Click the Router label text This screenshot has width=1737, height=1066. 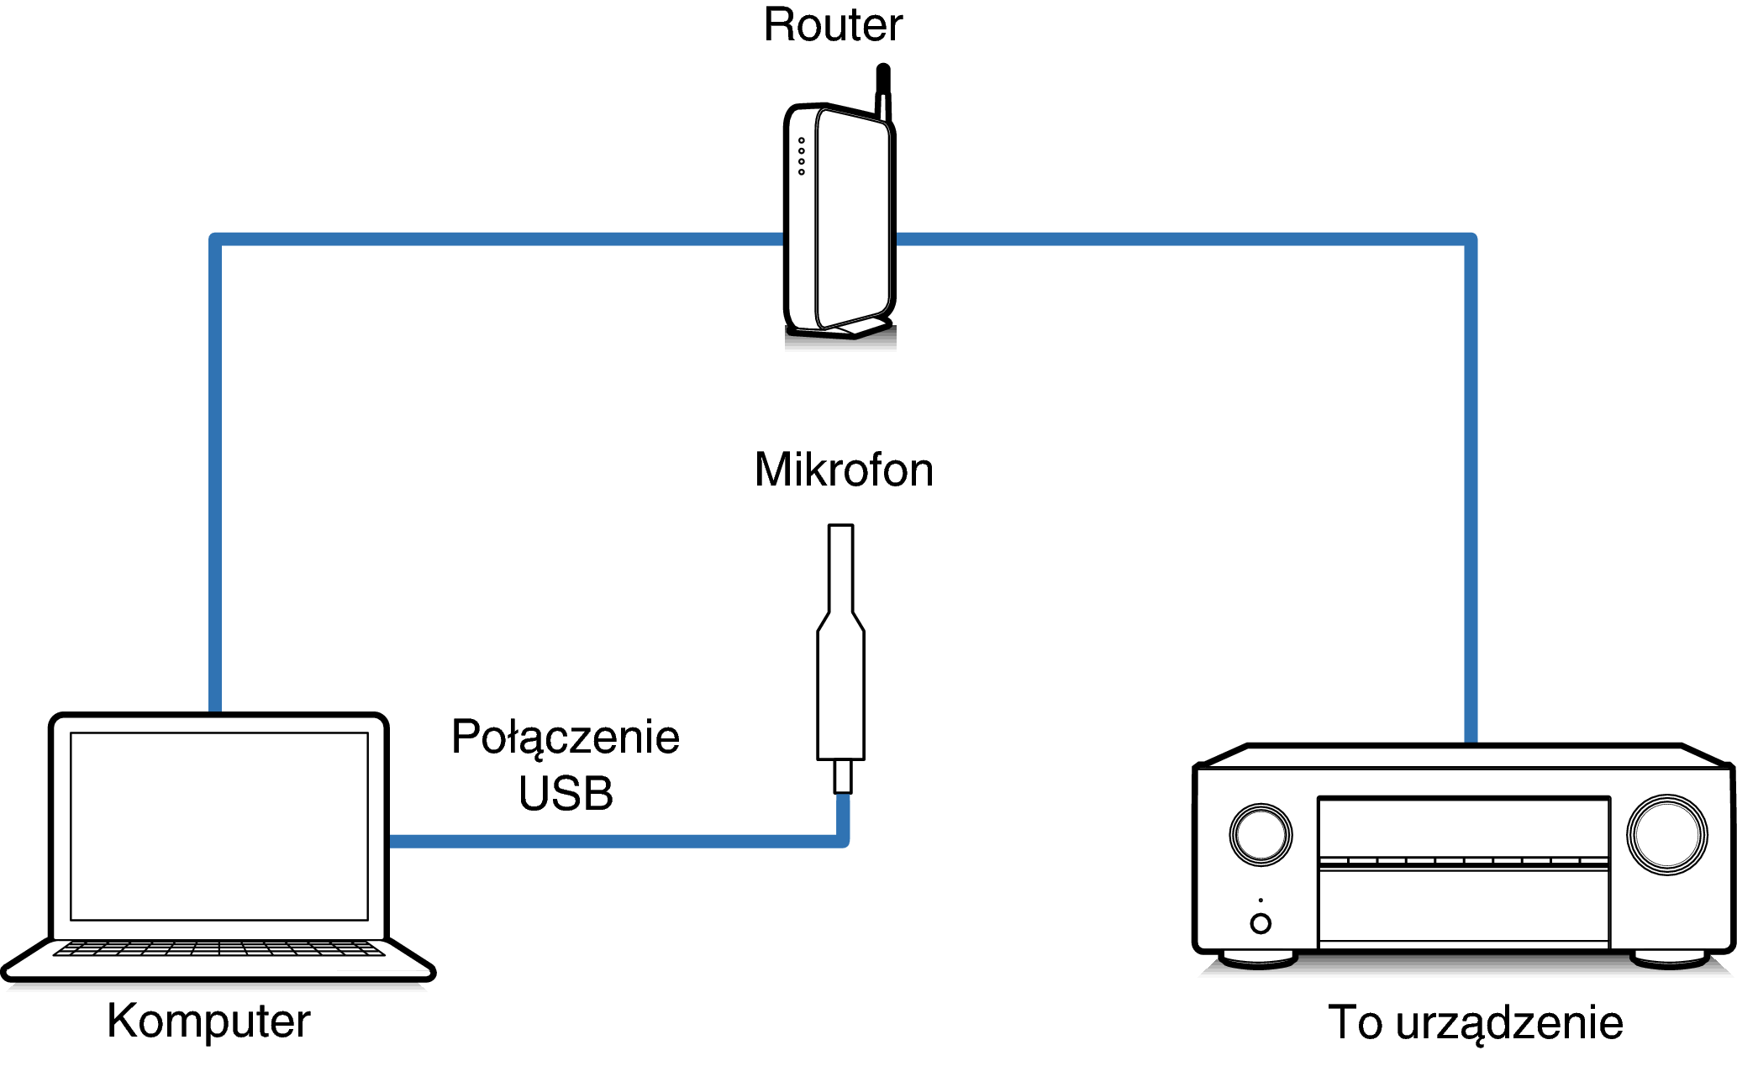click(x=832, y=25)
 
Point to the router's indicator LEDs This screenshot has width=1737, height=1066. click(x=802, y=156)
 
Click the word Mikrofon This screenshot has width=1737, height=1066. click(x=843, y=470)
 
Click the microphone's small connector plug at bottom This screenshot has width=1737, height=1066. click(x=842, y=776)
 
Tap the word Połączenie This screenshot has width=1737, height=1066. click(x=565, y=738)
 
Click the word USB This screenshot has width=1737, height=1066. click(x=566, y=794)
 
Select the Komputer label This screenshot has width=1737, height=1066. click(x=208, y=1021)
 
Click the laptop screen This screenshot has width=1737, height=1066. click(x=218, y=826)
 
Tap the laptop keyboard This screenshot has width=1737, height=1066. click(x=218, y=948)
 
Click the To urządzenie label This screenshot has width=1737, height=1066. click(x=1475, y=1023)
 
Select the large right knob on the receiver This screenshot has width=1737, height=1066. click(x=1666, y=835)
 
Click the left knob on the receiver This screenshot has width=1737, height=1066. click(x=1261, y=835)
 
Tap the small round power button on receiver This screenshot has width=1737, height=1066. click(x=1261, y=923)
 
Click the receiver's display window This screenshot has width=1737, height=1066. click(x=1463, y=827)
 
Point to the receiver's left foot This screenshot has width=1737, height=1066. click(x=1258, y=959)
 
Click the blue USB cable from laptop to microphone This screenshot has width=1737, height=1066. click(x=613, y=841)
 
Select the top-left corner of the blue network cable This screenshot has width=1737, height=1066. click(x=216, y=240)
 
